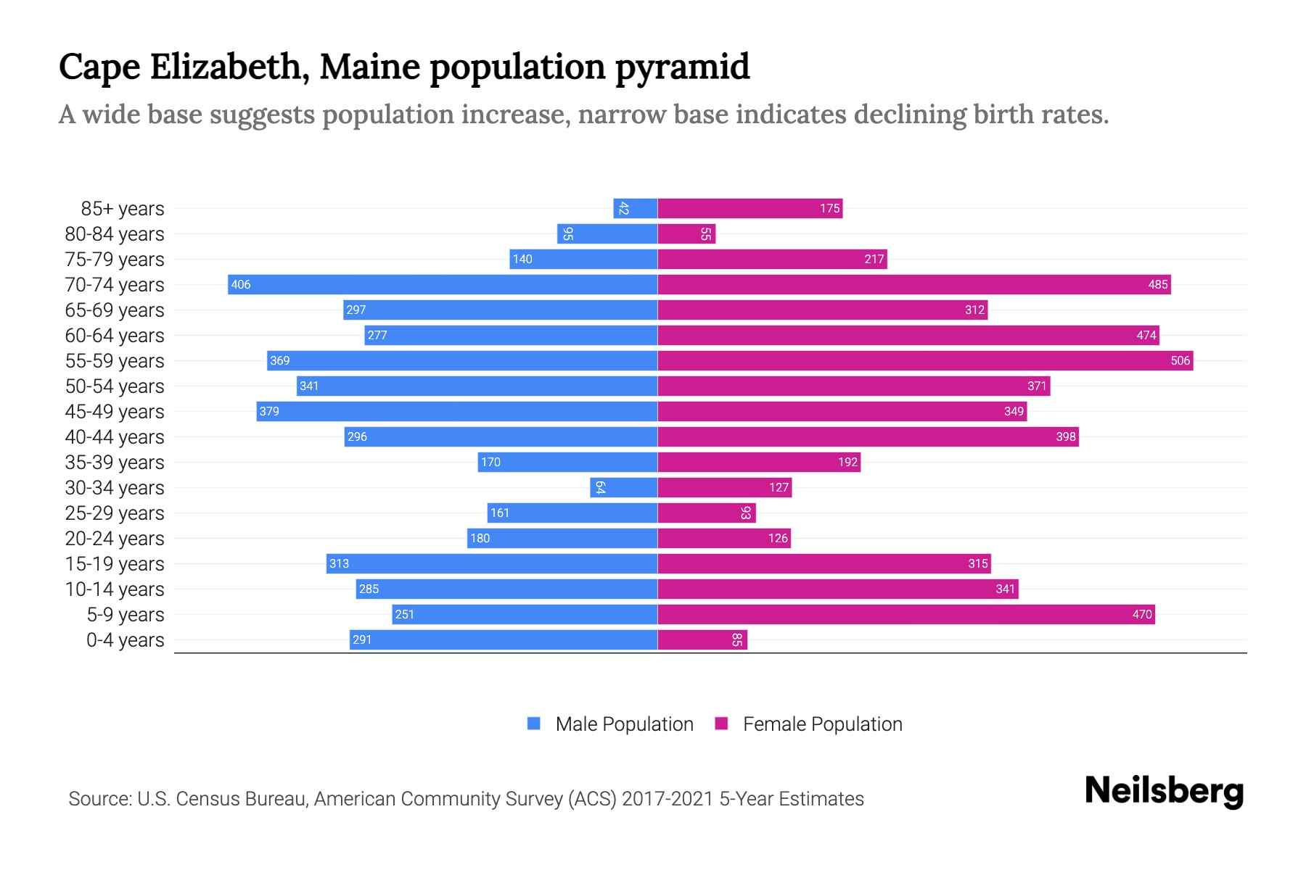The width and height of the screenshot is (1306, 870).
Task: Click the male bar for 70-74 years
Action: pos(443,284)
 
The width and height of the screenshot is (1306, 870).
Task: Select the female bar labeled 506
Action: pos(925,360)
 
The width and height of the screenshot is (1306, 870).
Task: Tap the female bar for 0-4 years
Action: pos(702,639)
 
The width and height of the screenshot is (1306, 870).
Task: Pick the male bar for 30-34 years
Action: pos(624,487)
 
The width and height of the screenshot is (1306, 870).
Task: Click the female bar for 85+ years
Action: pos(749,209)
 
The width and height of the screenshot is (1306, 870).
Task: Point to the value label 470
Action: pos(1141,615)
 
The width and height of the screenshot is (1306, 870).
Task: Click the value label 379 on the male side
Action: pos(269,411)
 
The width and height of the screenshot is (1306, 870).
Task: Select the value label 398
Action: pos(1065,436)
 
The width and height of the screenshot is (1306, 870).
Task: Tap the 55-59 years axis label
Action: pos(115,361)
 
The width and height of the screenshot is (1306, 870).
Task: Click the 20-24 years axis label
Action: pos(115,539)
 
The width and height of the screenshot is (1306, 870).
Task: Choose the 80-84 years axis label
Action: pos(115,234)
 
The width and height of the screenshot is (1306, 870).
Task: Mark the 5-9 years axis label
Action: pos(125,615)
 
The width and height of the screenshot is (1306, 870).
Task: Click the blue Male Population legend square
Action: pos(534,724)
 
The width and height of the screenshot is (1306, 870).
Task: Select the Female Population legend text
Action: pos(822,724)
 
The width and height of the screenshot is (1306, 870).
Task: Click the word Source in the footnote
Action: pos(99,799)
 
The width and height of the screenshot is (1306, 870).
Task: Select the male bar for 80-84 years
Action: pos(607,234)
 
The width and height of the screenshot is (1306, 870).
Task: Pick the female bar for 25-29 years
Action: pos(707,513)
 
